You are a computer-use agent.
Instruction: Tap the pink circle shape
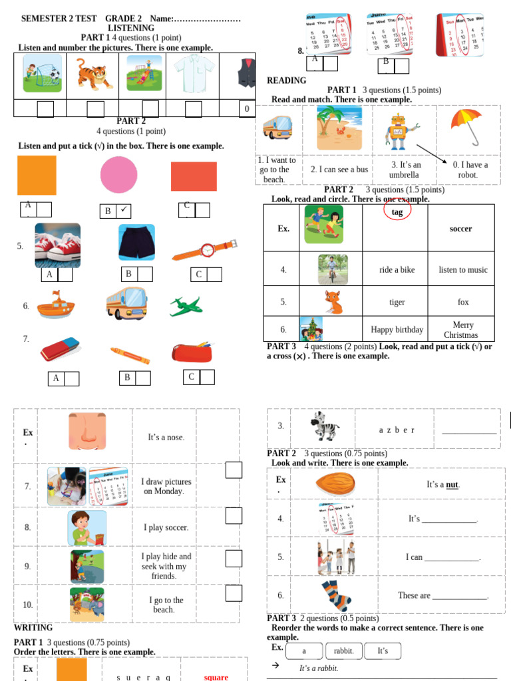[x=118, y=175]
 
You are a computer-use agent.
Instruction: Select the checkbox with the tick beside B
[x=124, y=211]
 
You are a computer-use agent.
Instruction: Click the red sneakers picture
[x=58, y=245]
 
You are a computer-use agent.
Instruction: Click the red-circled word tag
[x=397, y=211]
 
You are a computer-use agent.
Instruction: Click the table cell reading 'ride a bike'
[x=397, y=269]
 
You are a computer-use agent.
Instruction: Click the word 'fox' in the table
[x=463, y=302]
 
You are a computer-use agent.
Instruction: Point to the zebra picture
[x=326, y=426]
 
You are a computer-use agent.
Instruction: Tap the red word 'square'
[x=216, y=677]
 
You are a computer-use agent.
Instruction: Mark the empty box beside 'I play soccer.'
[x=234, y=516]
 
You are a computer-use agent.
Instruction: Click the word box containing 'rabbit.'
[x=345, y=651]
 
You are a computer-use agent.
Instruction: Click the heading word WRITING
[x=33, y=628]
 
